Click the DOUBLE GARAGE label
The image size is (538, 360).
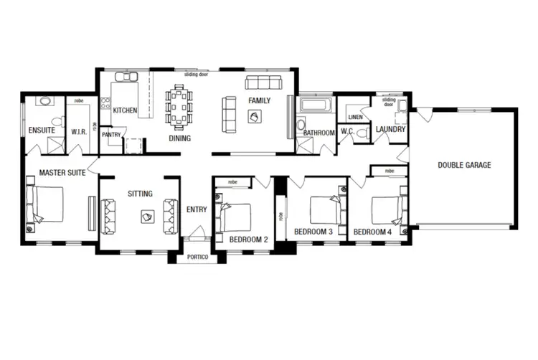464,165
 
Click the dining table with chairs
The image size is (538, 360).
179,107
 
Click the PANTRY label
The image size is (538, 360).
111,134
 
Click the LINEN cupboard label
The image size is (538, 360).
355,116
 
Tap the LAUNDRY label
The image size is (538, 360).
391,130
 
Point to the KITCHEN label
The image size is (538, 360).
125,110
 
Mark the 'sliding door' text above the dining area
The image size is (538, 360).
196,74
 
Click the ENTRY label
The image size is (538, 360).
196,209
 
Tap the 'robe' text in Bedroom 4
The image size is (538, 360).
389,171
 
